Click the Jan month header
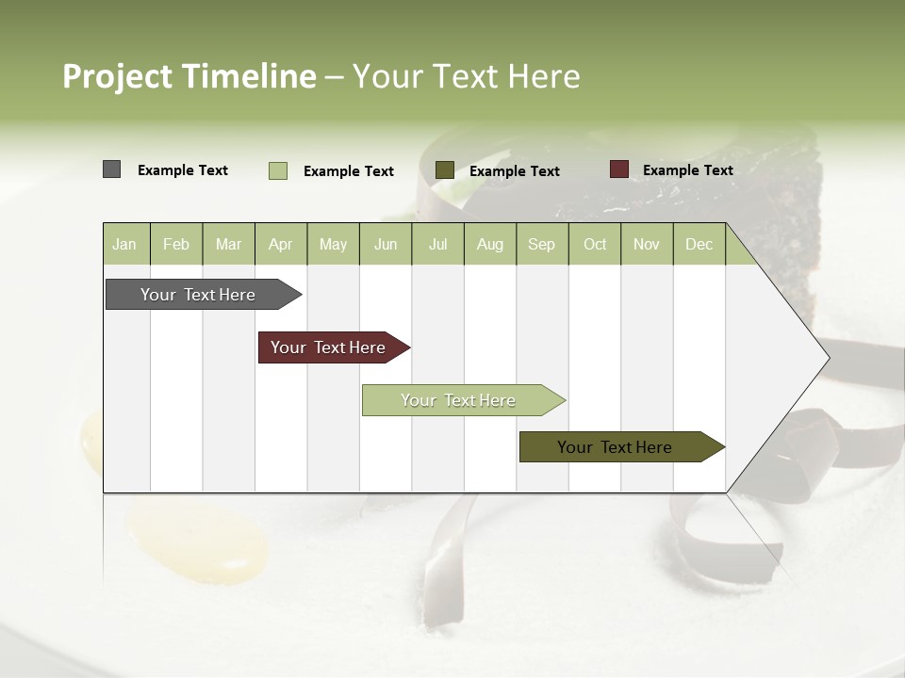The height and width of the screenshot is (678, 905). [x=124, y=244]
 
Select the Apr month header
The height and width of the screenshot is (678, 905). [x=280, y=244]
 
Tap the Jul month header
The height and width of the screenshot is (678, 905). [x=437, y=244]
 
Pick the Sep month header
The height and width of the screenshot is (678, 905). [x=541, y=244]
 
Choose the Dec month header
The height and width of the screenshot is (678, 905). [x=699, y=244]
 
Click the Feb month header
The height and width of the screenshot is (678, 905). [x=176, y=244]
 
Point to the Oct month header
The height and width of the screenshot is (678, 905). [x=595, y=244]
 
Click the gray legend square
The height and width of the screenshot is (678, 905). [x=111, y=169]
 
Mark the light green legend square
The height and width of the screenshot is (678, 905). [x=277, y=170]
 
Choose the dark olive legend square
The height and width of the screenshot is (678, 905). [x=445, y=170]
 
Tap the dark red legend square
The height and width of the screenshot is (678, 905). [x=618, y=169]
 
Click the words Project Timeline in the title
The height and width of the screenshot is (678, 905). [x=189, y=76]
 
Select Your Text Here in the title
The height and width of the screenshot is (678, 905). [x=466, y=76]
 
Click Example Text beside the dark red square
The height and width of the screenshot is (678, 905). [x=687, y=170]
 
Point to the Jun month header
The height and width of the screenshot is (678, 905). [x=386, y=244]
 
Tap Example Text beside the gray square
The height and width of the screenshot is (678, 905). [x=182, y=170]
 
